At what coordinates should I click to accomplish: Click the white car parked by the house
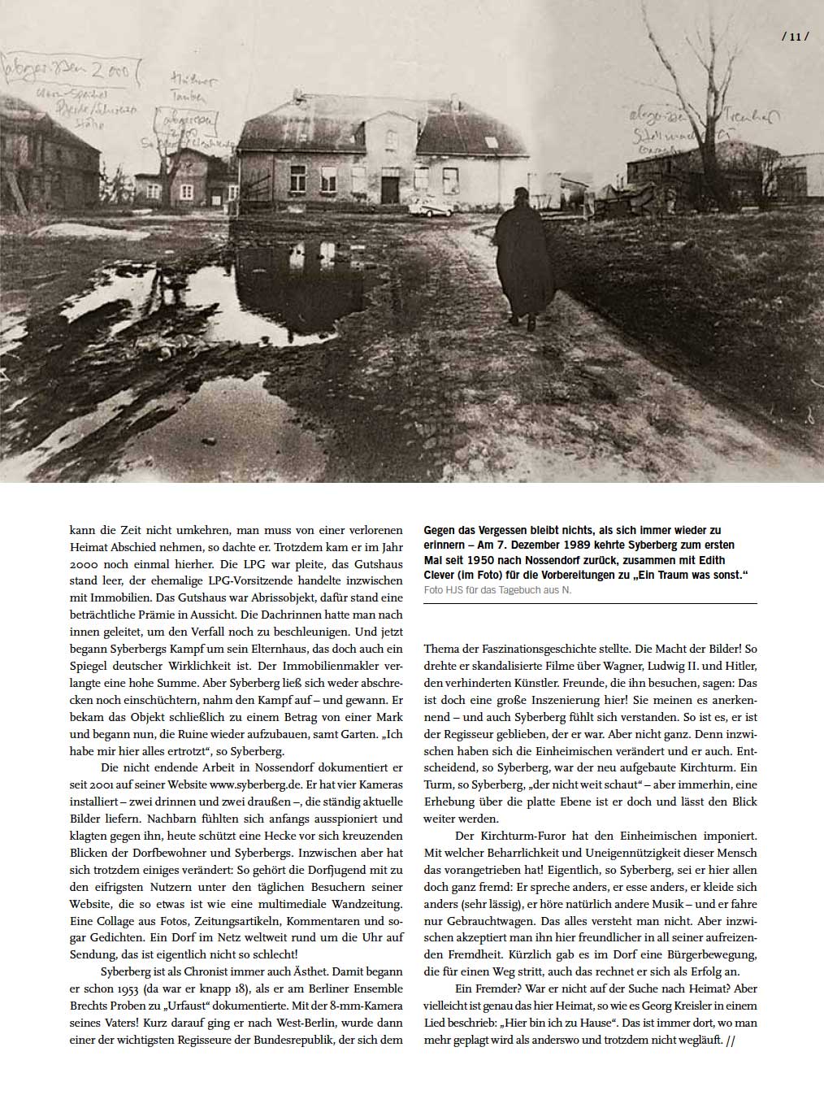click(x=430, y=209)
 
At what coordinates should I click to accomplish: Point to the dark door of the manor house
click(x=390, y=189)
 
